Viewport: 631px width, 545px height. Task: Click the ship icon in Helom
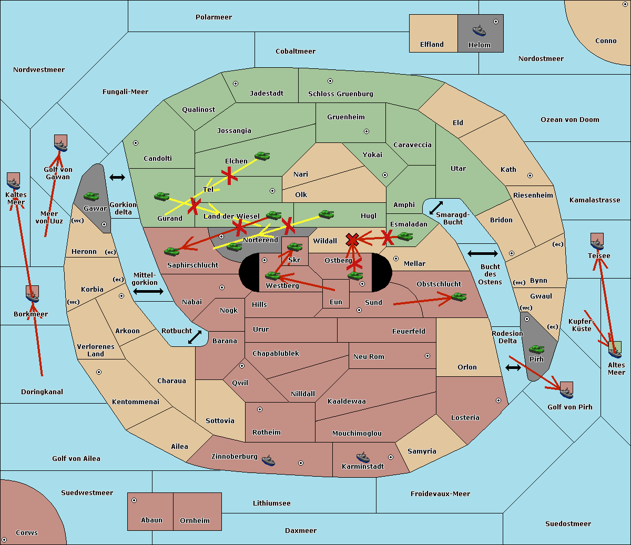click(479, 30)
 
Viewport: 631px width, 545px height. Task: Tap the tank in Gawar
click(91, 196)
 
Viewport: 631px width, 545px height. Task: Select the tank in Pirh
click(536, 349)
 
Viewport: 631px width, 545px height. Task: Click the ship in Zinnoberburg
click(268, 460)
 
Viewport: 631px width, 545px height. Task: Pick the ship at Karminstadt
click(363, 457)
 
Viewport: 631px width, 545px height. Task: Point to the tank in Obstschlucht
click(459, 296)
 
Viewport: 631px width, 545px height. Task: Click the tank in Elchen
click(262, 156)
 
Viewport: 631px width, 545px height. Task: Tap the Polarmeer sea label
click(213, 17)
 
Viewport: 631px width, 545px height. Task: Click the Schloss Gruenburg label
click(341, 94)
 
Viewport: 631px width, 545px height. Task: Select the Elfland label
click(432, 45)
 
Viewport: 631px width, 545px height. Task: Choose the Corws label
click(27, 532)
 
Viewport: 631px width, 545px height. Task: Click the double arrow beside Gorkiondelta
click(117, 177)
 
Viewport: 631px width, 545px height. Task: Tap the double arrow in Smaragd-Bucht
click(436, 208)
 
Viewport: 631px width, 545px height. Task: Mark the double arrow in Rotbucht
click(195, 337)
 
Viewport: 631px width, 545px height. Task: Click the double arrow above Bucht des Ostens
click(483, 253)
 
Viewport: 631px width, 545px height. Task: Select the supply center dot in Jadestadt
click(236, 84)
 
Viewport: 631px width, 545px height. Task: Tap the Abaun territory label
click(152, 520)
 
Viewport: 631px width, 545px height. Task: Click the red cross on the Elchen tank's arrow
click(229, 176)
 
